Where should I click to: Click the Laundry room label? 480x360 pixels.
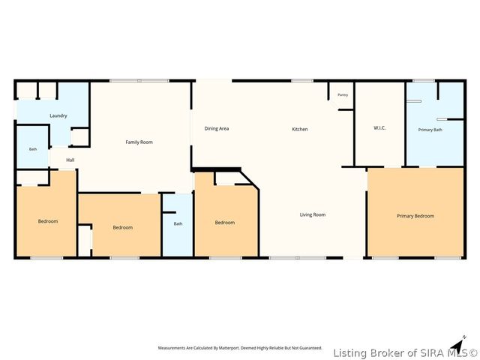(x=58, y=115)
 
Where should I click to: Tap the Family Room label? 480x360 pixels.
(x=139, y=142)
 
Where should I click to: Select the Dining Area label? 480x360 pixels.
(x=217, y=128)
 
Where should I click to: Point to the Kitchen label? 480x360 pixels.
(x=300, y=129)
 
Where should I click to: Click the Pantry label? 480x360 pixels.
(x=343, y=95)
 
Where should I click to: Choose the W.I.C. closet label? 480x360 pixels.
(x=379, y=128)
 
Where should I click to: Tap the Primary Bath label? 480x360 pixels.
(x=430, y=130)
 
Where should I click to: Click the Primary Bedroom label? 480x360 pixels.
(x=415, y=216)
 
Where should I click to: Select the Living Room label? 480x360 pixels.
(x=313, y=214)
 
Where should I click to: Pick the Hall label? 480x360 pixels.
(x=70, y=160)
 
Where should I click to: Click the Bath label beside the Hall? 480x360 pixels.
(x=33, y=149)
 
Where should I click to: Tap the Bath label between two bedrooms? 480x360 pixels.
(x=178, y=223)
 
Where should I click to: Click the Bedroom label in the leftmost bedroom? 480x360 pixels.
(x=48, y=221)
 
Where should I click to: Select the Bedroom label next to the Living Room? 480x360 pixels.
(x=225, y=223)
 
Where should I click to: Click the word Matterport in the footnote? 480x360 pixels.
(x=229, y=348)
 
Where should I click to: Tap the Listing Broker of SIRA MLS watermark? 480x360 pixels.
(x=405, y=353)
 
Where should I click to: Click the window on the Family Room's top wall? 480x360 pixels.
(x=139, y=81)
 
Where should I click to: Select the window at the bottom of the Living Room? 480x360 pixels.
(x=298, y=258)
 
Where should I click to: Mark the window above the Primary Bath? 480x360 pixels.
(x=423, y=81)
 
